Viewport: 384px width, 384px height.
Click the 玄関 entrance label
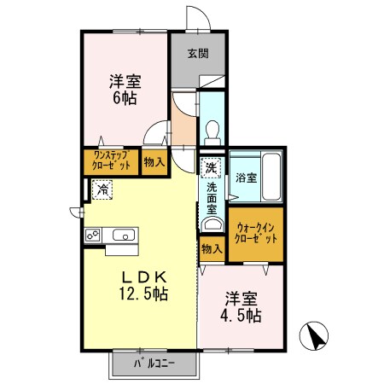(198, 54)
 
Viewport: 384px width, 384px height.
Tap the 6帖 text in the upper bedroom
(125, 99)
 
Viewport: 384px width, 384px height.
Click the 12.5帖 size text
(142, 294)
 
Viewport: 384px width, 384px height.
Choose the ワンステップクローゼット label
(111, 162)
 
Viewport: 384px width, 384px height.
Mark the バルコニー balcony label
(154, 364)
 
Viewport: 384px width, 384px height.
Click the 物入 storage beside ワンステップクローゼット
(154, 162)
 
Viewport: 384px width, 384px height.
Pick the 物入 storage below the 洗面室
(212, 249)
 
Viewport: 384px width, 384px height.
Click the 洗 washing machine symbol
(210, 166)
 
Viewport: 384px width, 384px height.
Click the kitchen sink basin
(122, 235)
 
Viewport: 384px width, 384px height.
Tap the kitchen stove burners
(93, 235)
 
